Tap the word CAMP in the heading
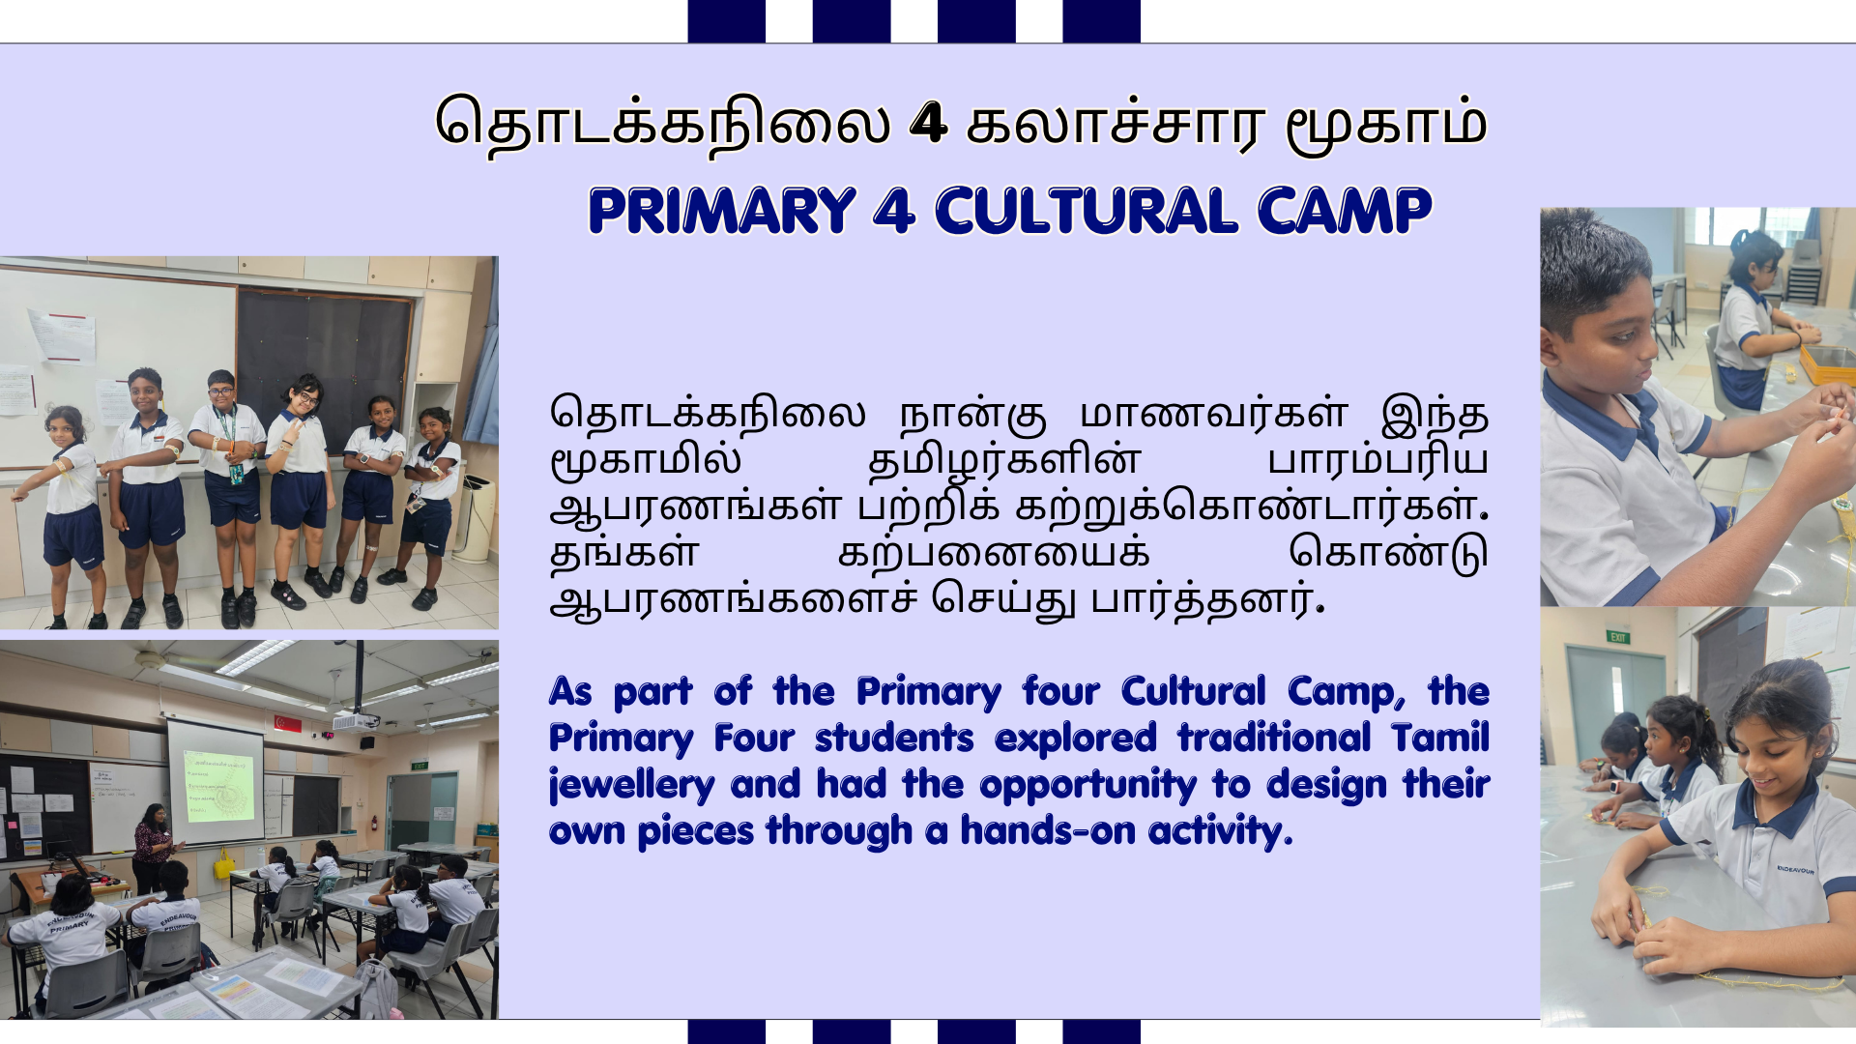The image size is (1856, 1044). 1345,211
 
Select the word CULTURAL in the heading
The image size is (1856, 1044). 1087,211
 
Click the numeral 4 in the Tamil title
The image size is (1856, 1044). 928,123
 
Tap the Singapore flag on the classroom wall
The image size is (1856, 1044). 288,723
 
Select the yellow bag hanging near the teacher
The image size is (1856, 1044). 224,863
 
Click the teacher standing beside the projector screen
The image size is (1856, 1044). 153,848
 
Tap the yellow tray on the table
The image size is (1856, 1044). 1828,365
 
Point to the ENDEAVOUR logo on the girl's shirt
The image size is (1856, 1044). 1795,870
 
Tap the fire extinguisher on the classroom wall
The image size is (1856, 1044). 374,823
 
